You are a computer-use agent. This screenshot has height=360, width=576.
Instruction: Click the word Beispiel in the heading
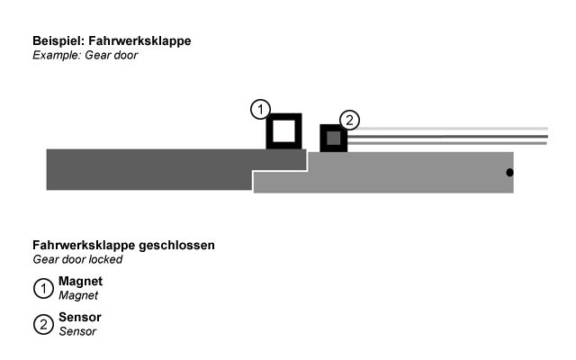point(58,41)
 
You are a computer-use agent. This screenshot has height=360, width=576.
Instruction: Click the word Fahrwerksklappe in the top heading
point(139,40)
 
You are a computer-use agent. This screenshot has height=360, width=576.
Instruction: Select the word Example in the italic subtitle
point(57,56)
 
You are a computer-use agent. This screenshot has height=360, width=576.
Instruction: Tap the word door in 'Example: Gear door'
point(126,55)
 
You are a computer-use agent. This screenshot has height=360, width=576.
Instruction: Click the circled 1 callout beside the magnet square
point(260,109)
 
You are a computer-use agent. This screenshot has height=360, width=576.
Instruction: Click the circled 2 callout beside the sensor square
point(349,120)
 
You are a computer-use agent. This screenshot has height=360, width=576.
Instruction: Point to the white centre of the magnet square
point(284,131)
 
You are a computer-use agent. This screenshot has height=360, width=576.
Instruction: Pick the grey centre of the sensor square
point(334,138)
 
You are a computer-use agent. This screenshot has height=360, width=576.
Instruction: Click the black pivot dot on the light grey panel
point(509,172)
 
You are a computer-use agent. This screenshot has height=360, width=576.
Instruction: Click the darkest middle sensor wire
point(447,137)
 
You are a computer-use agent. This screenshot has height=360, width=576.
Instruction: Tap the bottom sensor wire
point(447,143)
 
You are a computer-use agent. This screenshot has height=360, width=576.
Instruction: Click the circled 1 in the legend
point(43,288)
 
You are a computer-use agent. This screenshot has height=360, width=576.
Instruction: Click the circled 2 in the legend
point(43,325)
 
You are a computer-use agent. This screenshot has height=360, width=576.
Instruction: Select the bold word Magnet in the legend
point(80,282)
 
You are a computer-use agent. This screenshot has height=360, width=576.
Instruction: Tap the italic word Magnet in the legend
point(78,295)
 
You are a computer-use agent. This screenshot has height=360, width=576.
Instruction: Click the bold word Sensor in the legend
point(80,317)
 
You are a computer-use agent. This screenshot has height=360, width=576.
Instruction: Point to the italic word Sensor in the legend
point(77,331)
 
